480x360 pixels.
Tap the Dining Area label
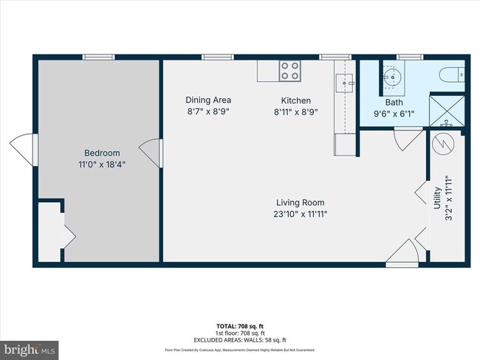pos(208,100)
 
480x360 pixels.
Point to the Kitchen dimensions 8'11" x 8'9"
pos(295,112)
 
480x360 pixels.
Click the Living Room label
pos(301,202)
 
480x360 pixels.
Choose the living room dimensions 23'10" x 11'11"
pos(301,214)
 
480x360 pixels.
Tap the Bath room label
pos(393,103)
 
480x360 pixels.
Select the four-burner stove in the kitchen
pos(290,71)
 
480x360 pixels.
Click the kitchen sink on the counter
pos(343,83)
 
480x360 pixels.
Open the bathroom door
pos(407,138)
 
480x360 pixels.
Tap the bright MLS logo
pos(30,347)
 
